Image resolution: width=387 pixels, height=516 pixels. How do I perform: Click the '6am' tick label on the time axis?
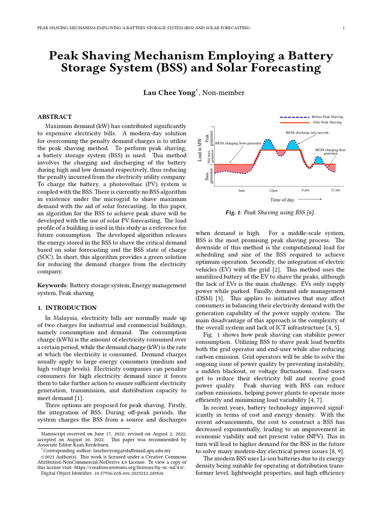point(242,191)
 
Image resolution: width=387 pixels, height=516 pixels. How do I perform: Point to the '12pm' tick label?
point(274,191)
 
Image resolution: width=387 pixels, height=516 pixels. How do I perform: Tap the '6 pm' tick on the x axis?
point(305,190)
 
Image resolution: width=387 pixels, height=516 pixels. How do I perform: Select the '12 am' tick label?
point(336,190)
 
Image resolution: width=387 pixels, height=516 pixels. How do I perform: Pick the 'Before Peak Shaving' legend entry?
point(328,116)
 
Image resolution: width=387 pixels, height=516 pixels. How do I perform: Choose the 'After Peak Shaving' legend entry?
point(327,122)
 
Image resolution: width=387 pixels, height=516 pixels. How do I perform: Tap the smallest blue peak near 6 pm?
point(318,161)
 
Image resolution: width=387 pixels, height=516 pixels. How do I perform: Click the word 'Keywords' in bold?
point(52,285)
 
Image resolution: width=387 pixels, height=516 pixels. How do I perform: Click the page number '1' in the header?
point(343,28)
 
